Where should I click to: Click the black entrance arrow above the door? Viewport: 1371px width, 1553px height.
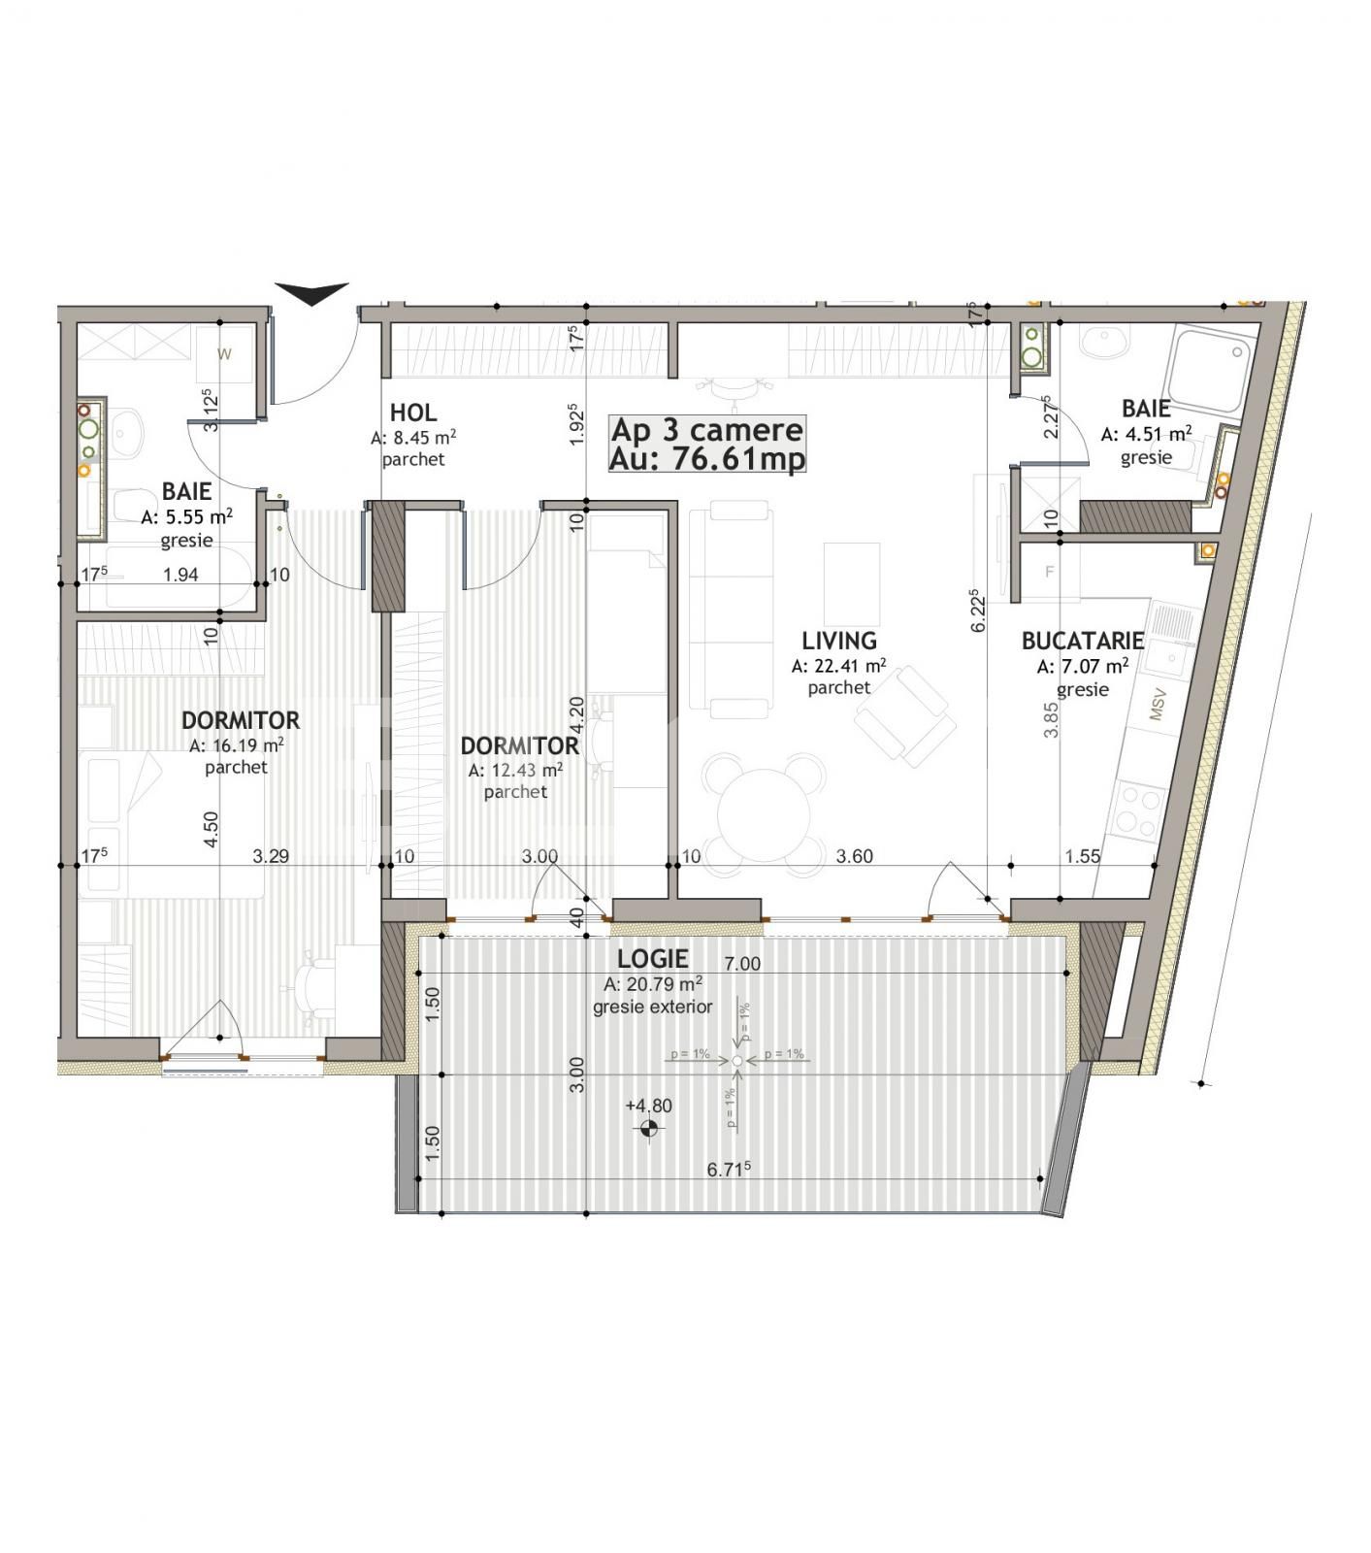[x=311, y=293]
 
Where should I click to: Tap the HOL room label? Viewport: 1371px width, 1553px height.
[x=412, y=413]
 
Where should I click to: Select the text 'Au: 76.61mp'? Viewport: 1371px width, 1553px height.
[x=707, y=458]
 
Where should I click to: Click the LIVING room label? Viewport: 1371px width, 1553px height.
[x=838, y=641]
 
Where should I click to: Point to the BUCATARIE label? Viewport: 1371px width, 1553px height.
[x=1082, y=642]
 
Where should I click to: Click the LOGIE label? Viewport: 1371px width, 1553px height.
[x=653, y=959]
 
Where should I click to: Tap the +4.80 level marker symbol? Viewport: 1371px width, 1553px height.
[x=649, y=1128]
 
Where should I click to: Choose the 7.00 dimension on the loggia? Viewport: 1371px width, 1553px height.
[x=742, y=964]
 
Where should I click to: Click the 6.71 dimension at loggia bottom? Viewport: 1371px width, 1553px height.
[x=729, y=1170]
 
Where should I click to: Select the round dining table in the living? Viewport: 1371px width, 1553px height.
[x=763, y=802]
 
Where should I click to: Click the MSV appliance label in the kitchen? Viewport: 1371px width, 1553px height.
[x=1157, y=708]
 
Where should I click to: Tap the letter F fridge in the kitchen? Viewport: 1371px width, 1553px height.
[x=1049, y=572]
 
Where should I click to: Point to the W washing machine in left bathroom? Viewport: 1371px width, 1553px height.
[x=224, y=354]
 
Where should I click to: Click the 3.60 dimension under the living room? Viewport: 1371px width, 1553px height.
[x=854, y=856]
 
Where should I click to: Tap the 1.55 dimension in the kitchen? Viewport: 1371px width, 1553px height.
[x=1082, y=856]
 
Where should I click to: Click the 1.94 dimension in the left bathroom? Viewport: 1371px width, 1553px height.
[x=180, y=575]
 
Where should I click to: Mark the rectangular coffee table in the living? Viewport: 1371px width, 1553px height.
[x=852, y=582]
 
